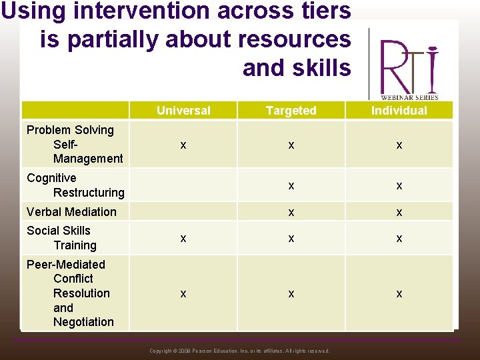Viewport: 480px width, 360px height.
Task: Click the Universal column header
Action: (183, 111)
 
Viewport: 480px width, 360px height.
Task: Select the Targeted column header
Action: (291, 111)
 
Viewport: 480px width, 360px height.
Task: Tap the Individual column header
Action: (399, 111)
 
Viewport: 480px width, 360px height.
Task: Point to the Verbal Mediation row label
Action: (71, 212)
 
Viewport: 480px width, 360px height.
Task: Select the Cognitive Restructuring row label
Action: (75, 185)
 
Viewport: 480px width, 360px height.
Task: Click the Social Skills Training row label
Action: (61, 238)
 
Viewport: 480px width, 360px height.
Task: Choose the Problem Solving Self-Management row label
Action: (74, 144)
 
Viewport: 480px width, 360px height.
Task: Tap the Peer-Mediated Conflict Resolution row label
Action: (69, 293)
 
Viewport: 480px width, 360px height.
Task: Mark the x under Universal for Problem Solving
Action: (183, 145)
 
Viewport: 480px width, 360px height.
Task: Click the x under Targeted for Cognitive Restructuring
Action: (291, 186)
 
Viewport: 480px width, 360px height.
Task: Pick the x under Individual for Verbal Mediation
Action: (399, 213)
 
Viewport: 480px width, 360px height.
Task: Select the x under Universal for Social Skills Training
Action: (183, 239)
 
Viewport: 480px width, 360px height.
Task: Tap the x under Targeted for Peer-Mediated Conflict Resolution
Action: (291, 294)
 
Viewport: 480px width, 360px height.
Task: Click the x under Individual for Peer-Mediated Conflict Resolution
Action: (399, 294)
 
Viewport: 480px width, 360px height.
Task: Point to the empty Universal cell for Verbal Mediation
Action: (183, 212)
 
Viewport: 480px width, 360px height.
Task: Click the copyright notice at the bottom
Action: (239, 351)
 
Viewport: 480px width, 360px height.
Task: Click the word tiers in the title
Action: (317, 11)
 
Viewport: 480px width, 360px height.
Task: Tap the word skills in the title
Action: (319, 67)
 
